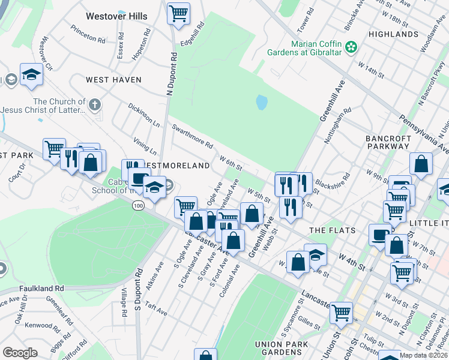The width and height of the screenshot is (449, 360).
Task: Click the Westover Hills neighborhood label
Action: pyautogui.click(x=116, y=16)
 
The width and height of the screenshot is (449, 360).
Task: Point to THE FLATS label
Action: pyautogui.click(x=332, y=230)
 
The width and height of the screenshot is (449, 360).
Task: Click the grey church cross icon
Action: pyautogui.click(x=93, y=106)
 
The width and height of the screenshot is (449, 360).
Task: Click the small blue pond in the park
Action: pyautogui.click(x=262, y=103)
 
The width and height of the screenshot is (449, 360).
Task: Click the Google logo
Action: pyautogui.click(x=20, y=353)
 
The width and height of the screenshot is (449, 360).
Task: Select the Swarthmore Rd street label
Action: pyautogui.click(x=193, y=136)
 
